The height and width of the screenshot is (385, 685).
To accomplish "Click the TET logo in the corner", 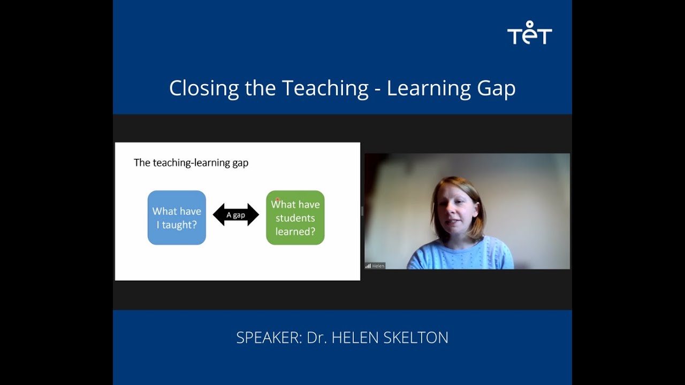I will coord(529,33).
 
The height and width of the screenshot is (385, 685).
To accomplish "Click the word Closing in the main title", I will coord(204,88).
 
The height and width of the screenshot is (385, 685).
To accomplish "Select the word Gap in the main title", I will coord(497,88).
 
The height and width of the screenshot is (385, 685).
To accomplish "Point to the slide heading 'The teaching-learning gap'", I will coord(191,163).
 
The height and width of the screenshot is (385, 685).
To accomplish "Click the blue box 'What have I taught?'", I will coord(177,218).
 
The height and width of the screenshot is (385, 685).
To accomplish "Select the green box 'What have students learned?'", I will coord(295,218).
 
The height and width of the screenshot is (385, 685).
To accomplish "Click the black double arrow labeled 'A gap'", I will coord(236,215).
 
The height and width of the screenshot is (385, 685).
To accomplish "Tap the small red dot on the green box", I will coord(277,200).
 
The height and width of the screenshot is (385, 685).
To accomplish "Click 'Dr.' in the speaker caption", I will coord(316,338).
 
